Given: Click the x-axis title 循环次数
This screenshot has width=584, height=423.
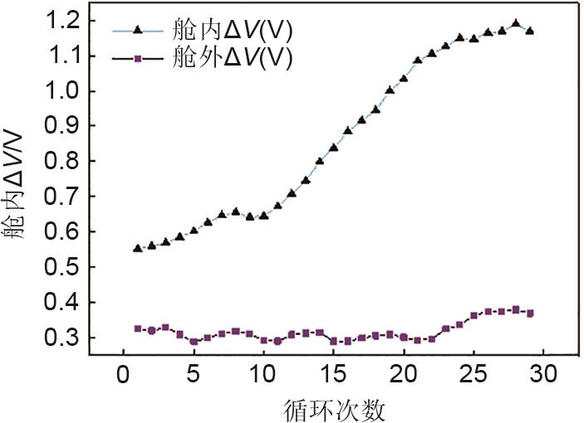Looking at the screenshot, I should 335,407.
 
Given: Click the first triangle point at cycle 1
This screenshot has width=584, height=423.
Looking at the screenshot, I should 138,248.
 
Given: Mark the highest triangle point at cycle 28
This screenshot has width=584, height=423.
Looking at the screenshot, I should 516,24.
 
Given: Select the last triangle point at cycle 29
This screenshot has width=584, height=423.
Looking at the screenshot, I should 530,31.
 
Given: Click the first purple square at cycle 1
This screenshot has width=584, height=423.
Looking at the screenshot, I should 138,328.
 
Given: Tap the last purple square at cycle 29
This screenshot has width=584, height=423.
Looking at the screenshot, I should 530,313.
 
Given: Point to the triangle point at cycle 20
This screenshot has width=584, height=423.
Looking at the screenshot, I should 404,78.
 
